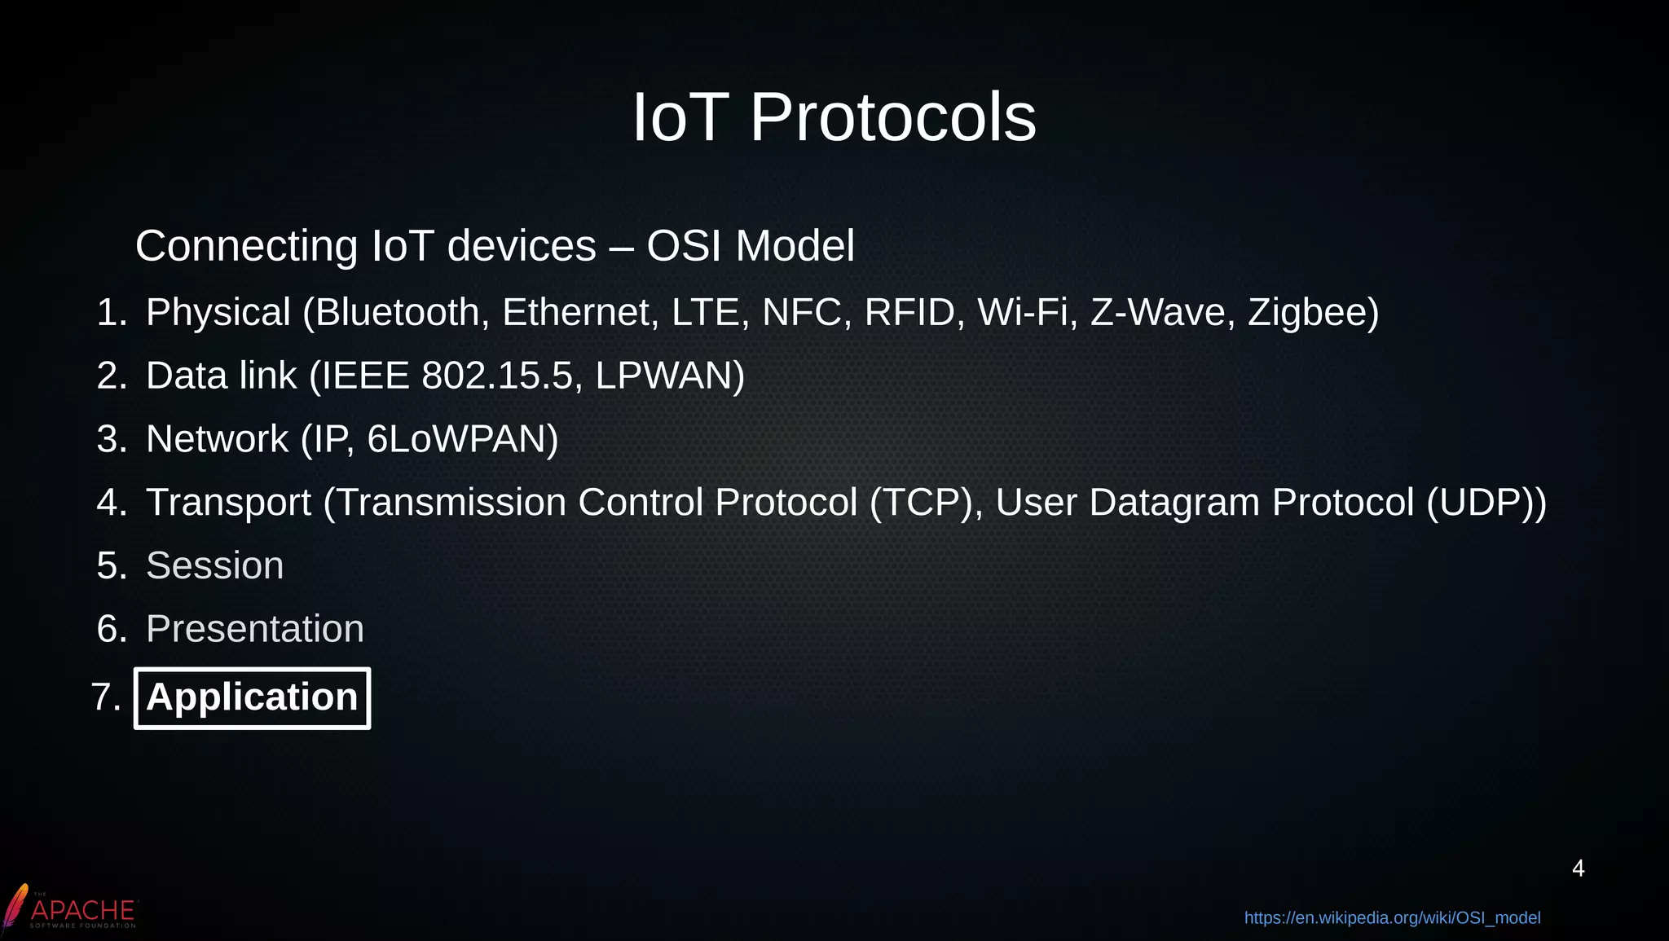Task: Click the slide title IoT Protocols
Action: [x=834, y=118]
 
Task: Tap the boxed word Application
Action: [x=252, y=698]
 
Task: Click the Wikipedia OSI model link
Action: [x=1392, y=918]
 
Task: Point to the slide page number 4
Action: [x=1578, y=868]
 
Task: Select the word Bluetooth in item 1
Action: [x=397, y=313]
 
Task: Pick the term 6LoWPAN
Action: [x=461, y=440]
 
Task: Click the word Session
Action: [x=214, y=566]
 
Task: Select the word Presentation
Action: [x=254, y=630]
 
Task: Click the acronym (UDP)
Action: [x=1485, y=503]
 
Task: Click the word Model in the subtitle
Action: [x=795, y=246]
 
